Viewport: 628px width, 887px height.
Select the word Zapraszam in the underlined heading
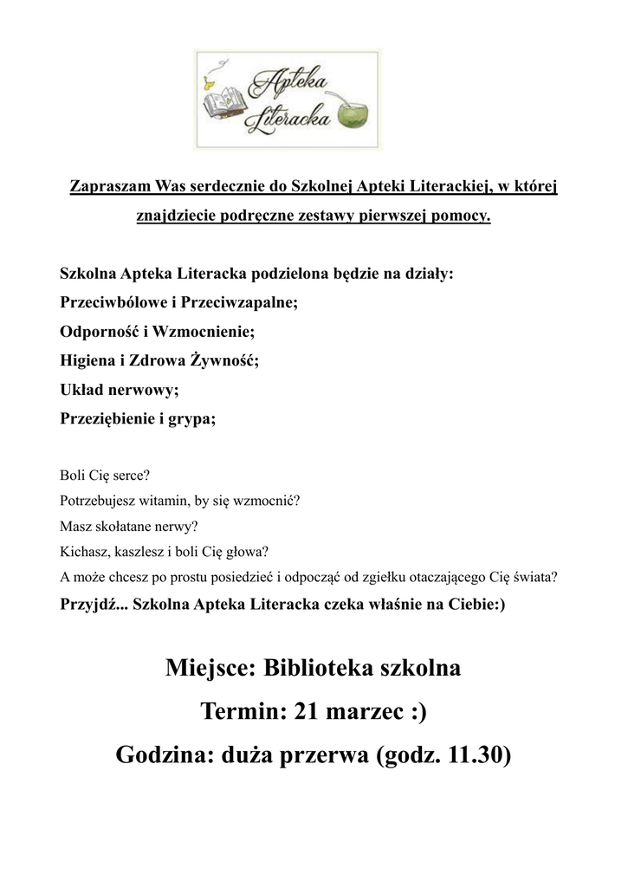[110, 187]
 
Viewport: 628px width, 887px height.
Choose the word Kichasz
[85, 551]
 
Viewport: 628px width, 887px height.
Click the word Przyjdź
[92, 605]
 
